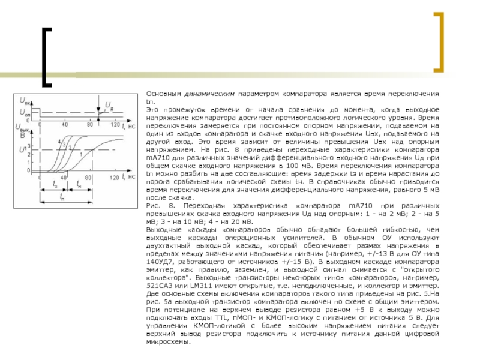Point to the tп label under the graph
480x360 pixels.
[x=62, y=196]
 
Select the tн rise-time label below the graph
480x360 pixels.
[x=79, y=185]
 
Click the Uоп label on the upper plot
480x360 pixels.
[x=25, y=113]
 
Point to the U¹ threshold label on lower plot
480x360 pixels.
[x=23, y=149]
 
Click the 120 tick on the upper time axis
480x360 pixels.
[x=114, y=125]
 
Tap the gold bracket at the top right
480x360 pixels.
[x=439, y=41]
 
